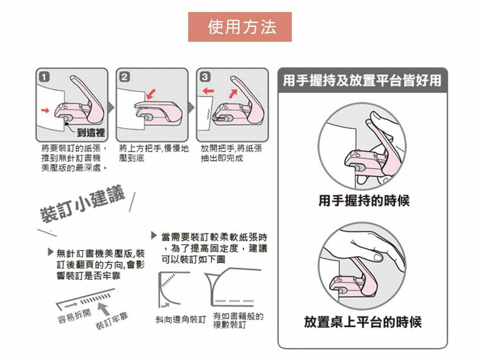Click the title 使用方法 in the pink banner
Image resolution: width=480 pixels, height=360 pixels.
tap(242, 26)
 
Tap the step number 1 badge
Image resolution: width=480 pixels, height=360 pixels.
tap(44, 76)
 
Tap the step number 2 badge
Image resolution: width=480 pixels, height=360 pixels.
tap(125, 77)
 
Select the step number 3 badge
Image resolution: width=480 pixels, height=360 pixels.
tap(205, 76)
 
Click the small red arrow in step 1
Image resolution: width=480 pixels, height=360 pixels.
tap(45, 110)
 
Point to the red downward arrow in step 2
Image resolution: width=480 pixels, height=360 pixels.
tap(151, 94)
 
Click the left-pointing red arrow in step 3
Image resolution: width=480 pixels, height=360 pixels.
tap(208, 91)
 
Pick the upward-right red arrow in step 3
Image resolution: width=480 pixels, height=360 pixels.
tap(233, 94)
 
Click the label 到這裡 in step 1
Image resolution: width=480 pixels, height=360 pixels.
tap(91, 132)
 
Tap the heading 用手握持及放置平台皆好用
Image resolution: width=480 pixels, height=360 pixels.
tap(362, 81)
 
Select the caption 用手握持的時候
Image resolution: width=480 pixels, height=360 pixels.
tap(364, 201)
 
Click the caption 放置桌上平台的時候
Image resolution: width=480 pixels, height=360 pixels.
tap(363, 322)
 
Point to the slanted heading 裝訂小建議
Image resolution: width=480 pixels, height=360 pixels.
tap(83, 204)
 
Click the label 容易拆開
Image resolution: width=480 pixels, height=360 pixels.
tap(74, 316)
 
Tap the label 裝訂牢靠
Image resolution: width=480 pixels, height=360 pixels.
tap(112, 321)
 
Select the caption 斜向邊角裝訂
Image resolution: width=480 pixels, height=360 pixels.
tap(180, 320)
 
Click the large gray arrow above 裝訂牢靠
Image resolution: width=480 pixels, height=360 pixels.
tap(104, 309)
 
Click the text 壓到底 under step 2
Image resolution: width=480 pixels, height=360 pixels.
tap(132, 158)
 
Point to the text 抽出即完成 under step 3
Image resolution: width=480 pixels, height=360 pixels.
tap(222, 158)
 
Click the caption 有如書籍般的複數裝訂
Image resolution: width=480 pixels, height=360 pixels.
tap(238, 320)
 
